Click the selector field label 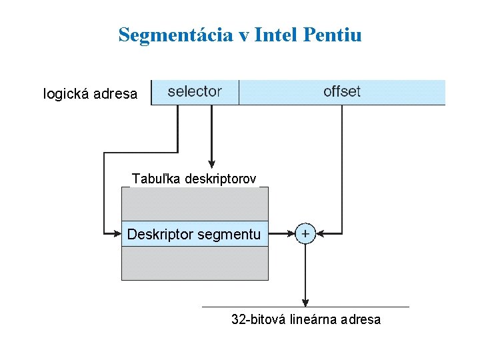[x=195, y=91]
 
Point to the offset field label [x=341, y=91]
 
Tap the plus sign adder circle [x=305, y=233]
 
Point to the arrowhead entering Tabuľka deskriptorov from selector [x=212, y=165]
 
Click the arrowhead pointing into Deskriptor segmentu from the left [x=116, y=233]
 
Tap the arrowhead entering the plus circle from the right [x=319, y=233]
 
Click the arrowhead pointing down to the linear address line [x=305, y=302]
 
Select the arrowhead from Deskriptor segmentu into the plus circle [x=291, y=233]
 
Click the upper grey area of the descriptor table [x=195, y=203]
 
